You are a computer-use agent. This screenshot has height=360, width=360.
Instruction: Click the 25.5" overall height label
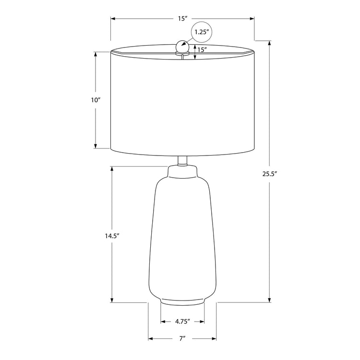270,174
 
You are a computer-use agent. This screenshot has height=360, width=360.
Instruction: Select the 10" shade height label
96,100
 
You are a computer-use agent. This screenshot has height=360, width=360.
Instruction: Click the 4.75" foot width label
182,321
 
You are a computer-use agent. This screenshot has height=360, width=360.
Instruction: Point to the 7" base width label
182,339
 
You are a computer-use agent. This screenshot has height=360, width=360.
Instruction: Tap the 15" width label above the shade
182,19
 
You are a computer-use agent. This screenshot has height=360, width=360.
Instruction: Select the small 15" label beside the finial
202,50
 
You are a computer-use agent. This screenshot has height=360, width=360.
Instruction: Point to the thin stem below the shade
182,161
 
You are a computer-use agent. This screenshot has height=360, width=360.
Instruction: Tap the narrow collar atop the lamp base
182,170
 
